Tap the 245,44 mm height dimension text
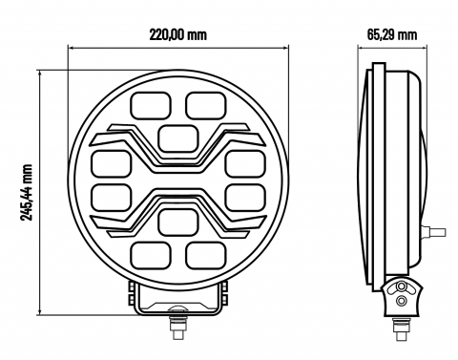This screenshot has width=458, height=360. click(28, 191)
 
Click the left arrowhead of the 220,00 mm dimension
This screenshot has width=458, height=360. click(70, 45)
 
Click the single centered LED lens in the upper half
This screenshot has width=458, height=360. click(177, 137)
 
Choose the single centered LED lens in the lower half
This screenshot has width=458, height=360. click(177, 222)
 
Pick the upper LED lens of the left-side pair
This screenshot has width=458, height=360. click(111, 161)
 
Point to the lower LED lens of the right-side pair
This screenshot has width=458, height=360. click(243, 198)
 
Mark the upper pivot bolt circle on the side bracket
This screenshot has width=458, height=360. click(402, 287)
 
